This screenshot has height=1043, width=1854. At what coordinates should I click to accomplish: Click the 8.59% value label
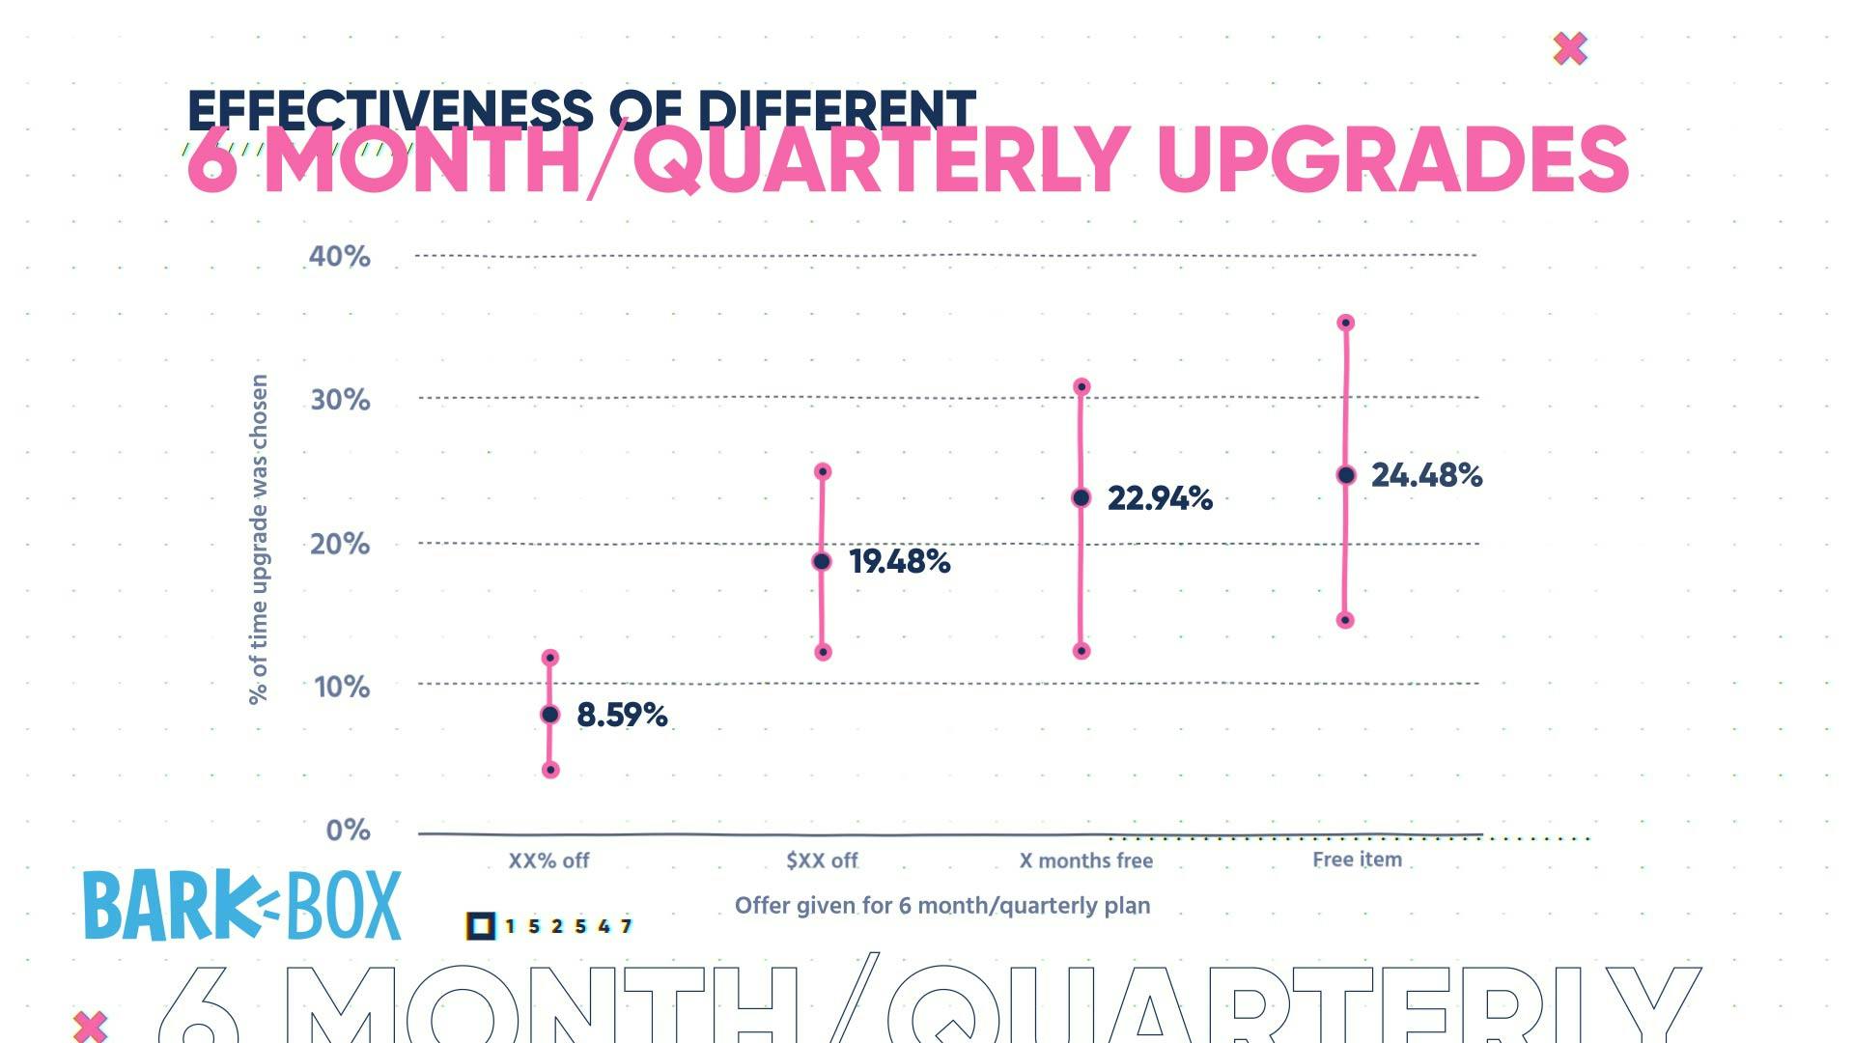pyautogui.click(x=622, y=716)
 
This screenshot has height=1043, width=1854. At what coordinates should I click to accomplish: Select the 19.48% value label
pyautogui.click(x=899, y=562)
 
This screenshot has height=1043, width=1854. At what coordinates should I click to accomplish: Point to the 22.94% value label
pyautogui.click(x=1159, y=498)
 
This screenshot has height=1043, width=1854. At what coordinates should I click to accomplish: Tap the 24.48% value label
pyautogui.click(x=1426, y=475)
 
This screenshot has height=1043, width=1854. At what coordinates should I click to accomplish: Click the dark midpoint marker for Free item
pyautogui.click(x=1346, y=475)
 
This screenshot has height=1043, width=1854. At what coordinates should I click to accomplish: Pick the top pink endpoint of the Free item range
pyautogui.click(x=1346, y=323)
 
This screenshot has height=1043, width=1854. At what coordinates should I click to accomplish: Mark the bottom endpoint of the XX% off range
pyautogui.click(x=550, y=770)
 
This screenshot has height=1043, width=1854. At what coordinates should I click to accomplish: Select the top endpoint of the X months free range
pyautogui.click(x=1081, y=387)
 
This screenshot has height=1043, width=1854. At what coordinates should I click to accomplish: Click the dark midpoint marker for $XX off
pyautogui.click(x=822, y=562)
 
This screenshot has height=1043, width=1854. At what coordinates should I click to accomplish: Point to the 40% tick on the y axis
pyautogui.click(x=339, y=257)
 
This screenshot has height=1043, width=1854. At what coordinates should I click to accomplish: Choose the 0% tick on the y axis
pyautogui.click(x=348, y=831)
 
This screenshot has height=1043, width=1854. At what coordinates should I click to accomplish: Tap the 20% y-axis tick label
pyautogui.click(x=339, y=545)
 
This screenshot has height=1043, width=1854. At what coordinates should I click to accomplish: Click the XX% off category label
pyautogui.click(x=548, y=860)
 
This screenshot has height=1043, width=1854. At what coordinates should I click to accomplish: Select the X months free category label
pyautogui.click(x=1086, y=860)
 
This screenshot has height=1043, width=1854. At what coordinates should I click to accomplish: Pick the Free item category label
pyautogui.click(x=1357, y=860)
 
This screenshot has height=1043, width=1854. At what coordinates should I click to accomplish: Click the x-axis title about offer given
pyautogui.click(x=942, y=906)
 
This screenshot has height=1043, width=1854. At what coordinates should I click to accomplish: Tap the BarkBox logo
pyautogui.click(x=241, y=906)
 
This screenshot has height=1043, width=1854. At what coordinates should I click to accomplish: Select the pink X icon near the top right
pyautogui.click(x=1570, y=48)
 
